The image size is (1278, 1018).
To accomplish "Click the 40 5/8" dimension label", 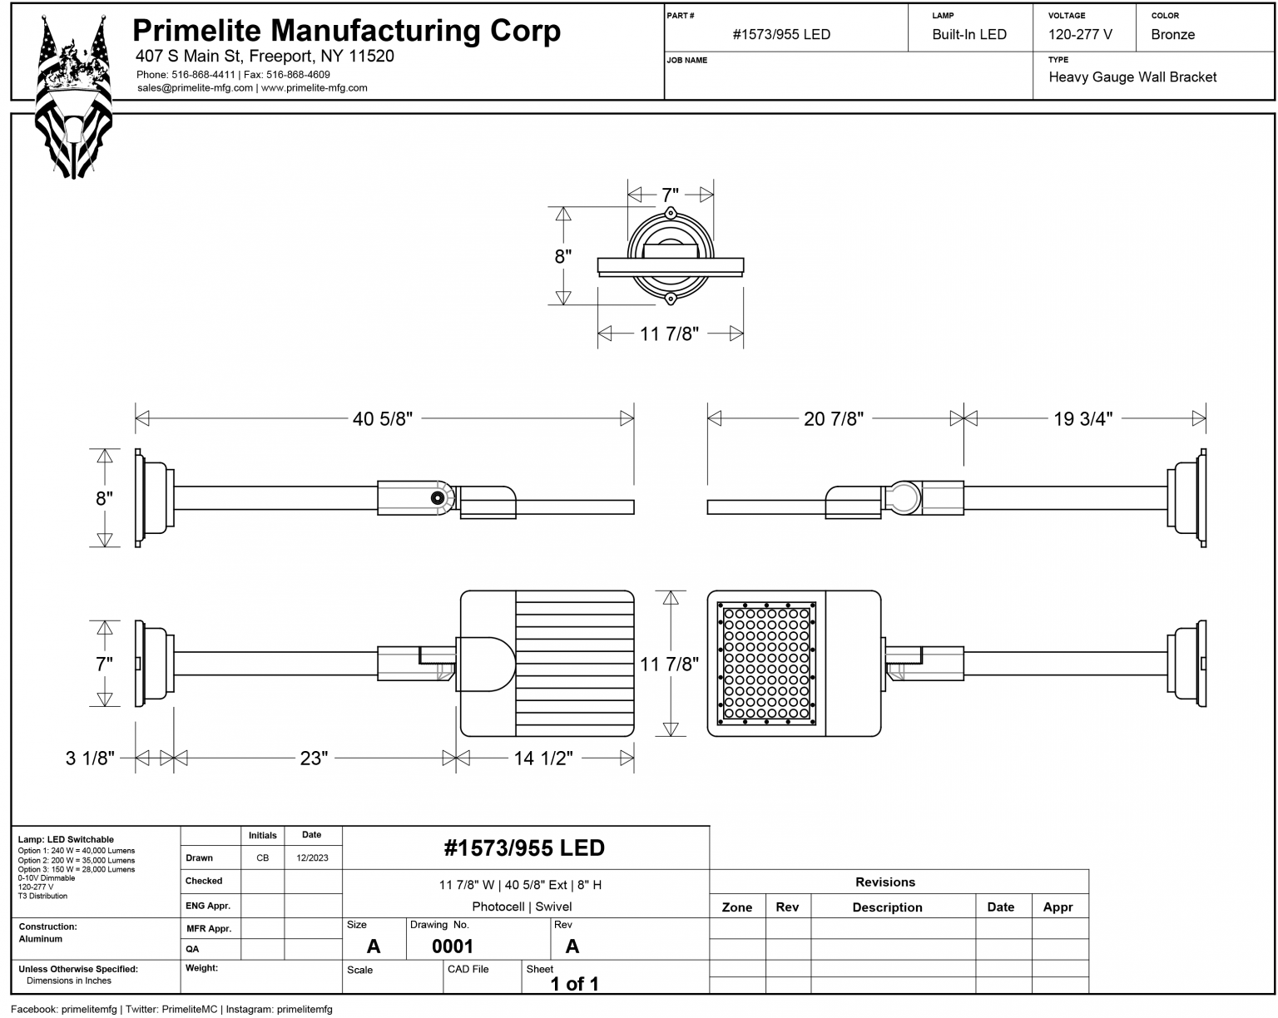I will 382,418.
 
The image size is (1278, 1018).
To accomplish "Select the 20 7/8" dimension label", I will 833,418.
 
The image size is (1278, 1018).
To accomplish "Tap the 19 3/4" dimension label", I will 1082,418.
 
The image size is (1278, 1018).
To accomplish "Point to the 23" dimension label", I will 314,759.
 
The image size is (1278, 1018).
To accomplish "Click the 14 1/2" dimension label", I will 542,759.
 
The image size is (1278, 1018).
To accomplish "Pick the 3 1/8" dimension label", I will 90,759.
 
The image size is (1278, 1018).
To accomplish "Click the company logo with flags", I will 73,96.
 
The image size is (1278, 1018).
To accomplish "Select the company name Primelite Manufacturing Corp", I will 346,31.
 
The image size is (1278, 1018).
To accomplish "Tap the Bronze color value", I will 1172,35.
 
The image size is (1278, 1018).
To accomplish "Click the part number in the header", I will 781,35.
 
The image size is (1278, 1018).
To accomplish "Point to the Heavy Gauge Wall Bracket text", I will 1132,77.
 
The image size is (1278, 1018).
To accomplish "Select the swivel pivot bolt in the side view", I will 437,497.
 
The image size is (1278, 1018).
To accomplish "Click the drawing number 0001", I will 452,946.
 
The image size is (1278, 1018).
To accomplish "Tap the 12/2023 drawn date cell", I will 312,858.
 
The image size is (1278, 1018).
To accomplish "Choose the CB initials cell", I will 262,858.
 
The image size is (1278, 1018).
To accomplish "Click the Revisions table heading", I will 884,882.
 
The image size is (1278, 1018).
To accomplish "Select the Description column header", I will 887,907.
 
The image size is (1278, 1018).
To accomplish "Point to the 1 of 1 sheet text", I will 574,984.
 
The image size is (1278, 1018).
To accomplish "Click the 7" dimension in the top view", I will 670,195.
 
